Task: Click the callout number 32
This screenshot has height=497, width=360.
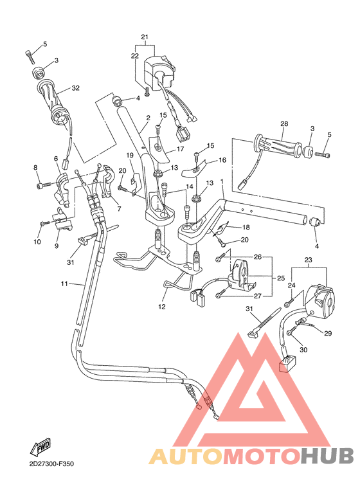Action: point(75,87)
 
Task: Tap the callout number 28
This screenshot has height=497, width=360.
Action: point(283,123)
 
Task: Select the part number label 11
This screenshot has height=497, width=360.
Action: point(64,283)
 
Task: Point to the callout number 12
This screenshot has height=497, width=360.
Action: point(163,307)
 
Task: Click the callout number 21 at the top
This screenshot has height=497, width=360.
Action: point(145,36)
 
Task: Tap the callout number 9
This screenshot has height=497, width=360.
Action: point(56,246)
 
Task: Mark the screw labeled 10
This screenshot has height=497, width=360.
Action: point(43,223)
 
